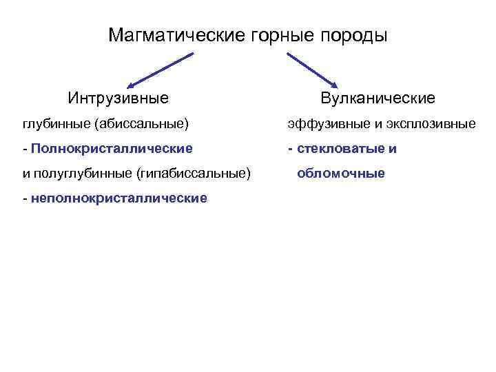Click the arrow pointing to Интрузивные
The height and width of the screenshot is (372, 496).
(x=159, y=68)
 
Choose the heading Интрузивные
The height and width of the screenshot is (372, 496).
(x=118, y=98)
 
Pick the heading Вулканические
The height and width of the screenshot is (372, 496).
(x=378, y=98)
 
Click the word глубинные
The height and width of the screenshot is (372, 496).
(x=56, y=124)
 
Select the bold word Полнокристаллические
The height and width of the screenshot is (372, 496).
(x=112, y=148)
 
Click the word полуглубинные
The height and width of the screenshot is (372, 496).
(x=83, y=173)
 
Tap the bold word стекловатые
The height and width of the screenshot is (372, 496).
(x=337, y=148)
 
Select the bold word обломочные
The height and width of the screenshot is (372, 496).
(x=341, y=173)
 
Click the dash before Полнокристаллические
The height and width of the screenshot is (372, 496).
(x=25, y=148)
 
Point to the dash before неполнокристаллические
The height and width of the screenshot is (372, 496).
(x=25, y=198)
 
